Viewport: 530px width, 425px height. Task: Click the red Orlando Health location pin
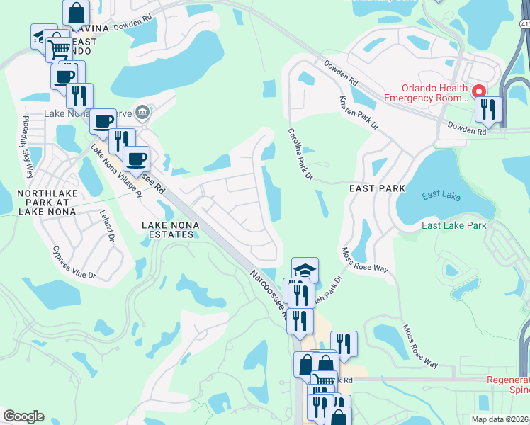[479, 92]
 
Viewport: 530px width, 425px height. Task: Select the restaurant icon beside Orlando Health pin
[489, 109]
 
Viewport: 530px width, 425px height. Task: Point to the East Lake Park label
[454, 225]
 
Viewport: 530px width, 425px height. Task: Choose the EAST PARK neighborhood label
[377, 188]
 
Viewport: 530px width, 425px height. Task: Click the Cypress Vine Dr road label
[74, 262]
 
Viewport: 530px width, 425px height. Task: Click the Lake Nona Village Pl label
[115, 171]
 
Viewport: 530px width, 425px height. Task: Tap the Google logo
[23, 416]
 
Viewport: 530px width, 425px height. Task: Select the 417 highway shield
[524, 25]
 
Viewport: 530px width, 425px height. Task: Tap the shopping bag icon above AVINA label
[76, 12]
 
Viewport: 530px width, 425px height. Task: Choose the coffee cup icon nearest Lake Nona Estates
[136, 158]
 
